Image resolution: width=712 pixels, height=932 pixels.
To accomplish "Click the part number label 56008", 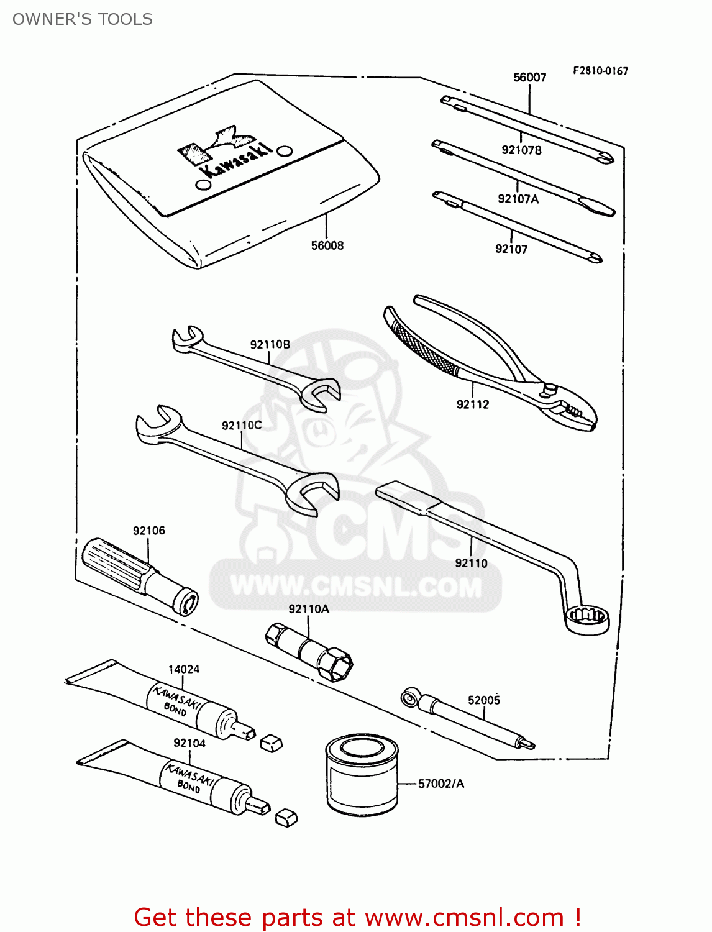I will pyautogui.click(x=327, y=245).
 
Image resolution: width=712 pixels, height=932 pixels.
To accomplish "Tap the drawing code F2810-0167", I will pyautogui.click(x=600, y=71).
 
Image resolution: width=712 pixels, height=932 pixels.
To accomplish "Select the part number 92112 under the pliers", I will pyautogui.click(x=473, y=404).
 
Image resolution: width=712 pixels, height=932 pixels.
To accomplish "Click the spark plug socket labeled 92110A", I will pyautogui.click(x=309, y=652).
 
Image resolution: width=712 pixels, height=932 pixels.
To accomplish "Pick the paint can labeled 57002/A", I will pyautogui.click(x=362, y=774).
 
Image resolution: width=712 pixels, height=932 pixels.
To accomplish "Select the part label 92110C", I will pyautogui.click(x=242, y=426).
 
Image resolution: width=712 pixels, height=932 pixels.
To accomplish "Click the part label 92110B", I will pyautogui.click(x=270, y=344).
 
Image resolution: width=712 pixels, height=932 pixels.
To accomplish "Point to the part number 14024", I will pyautogui.click(x=184, y=669).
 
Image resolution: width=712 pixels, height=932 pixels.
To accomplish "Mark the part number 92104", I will pyautogui.click(x=189, y=743).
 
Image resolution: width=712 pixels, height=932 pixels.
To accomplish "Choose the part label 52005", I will pyautogui.click(x=484, y=700).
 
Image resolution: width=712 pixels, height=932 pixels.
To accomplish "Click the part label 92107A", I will pyautogui.click(x=518, y=199).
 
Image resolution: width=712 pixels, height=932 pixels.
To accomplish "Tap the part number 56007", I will pyautogui.click(x=529, y=77).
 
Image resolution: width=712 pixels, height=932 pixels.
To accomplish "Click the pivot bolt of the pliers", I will pyautogui.click(x=549, y=389).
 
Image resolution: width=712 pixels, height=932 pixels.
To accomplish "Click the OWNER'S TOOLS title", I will pyautogui.click(x=83, y=19).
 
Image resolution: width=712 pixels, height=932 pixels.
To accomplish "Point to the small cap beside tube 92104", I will pyautogui.click(x=286, y=818).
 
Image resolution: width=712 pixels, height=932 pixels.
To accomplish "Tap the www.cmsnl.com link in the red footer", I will pyautogui.click(x=464, y=917).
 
